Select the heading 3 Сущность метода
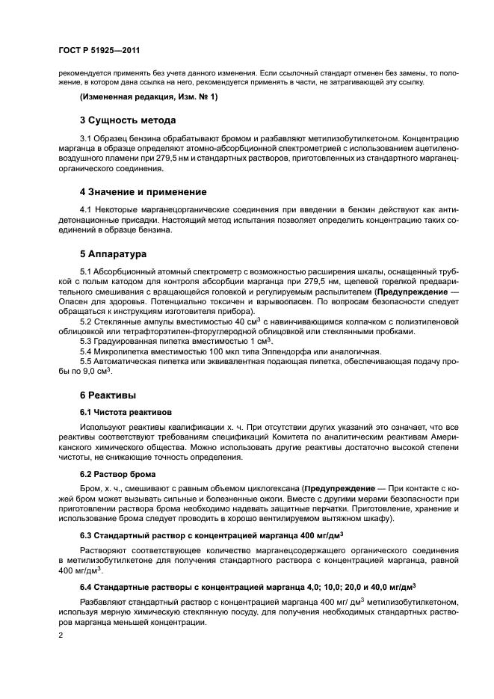[x=128, y=120]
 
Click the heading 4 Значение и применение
[x=143, y=192]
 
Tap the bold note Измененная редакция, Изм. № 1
[x=149, y=97]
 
